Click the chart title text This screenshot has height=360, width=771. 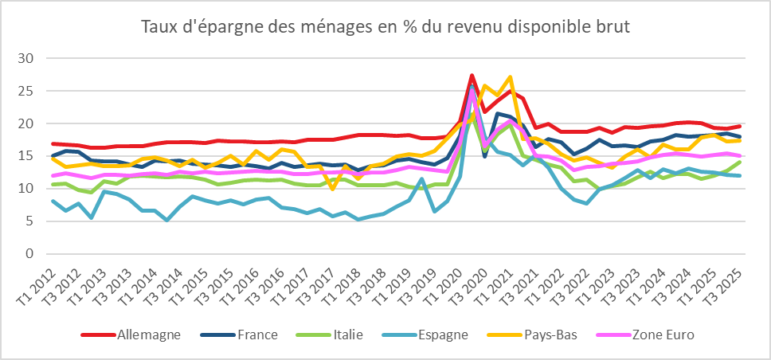coord(385,27)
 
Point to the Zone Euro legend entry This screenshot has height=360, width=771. coord(662,335)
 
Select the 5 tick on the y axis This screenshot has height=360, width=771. coord(30,221)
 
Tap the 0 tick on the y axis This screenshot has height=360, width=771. coord(30,254)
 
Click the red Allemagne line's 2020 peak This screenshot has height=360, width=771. coord(472,75)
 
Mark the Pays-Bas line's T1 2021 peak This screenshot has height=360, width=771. coord(510,77)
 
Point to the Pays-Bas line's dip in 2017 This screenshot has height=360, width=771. coord(332,188)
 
